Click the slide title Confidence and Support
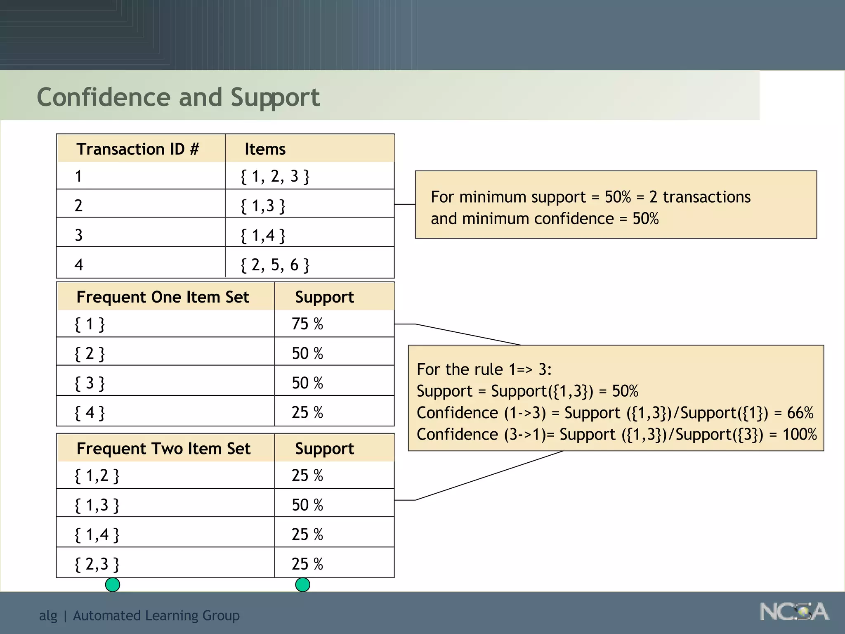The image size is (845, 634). pos(178,97)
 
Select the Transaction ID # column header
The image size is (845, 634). pos(137,149)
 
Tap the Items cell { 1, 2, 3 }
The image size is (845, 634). pos(275,176)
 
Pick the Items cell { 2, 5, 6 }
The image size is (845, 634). pos(275,265)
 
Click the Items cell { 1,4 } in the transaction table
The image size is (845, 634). pos(263,235)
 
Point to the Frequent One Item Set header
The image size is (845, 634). pos(163,297)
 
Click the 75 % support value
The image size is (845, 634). pos(307,324)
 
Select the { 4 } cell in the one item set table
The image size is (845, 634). pos(90,412)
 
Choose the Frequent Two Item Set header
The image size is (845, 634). pos(163,449)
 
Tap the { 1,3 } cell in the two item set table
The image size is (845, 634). pos(97,505)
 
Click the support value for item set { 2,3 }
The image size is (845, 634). pos(307,564)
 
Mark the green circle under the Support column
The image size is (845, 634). pos(302,584)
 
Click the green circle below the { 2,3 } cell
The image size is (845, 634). pos(113,584)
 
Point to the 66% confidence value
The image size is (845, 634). pos(800,413)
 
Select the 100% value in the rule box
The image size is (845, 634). pos(800,435)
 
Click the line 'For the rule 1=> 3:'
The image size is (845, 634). pos(484,369)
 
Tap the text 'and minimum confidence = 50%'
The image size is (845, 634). pos(545,219)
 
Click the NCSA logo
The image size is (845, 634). pos(794,612)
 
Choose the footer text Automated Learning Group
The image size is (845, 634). pos(156,615)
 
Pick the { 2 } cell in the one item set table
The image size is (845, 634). pos(90,354)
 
